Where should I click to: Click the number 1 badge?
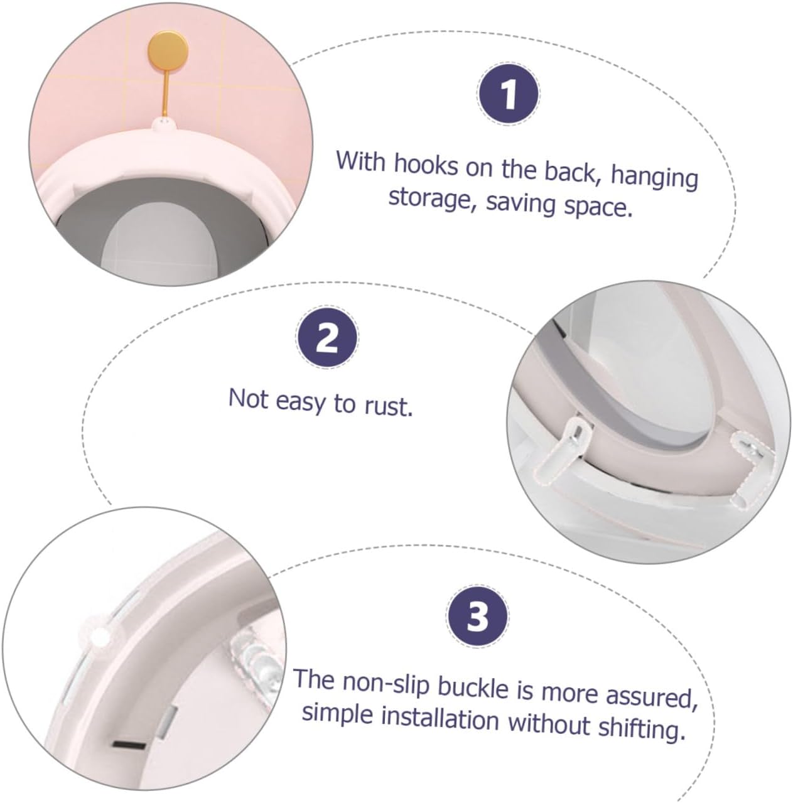(508, 94)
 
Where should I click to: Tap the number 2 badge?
(327, 338)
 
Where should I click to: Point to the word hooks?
(426, 165)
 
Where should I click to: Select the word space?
(598, 205)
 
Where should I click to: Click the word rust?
(389, 407)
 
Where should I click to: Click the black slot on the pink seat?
(130, 744)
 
